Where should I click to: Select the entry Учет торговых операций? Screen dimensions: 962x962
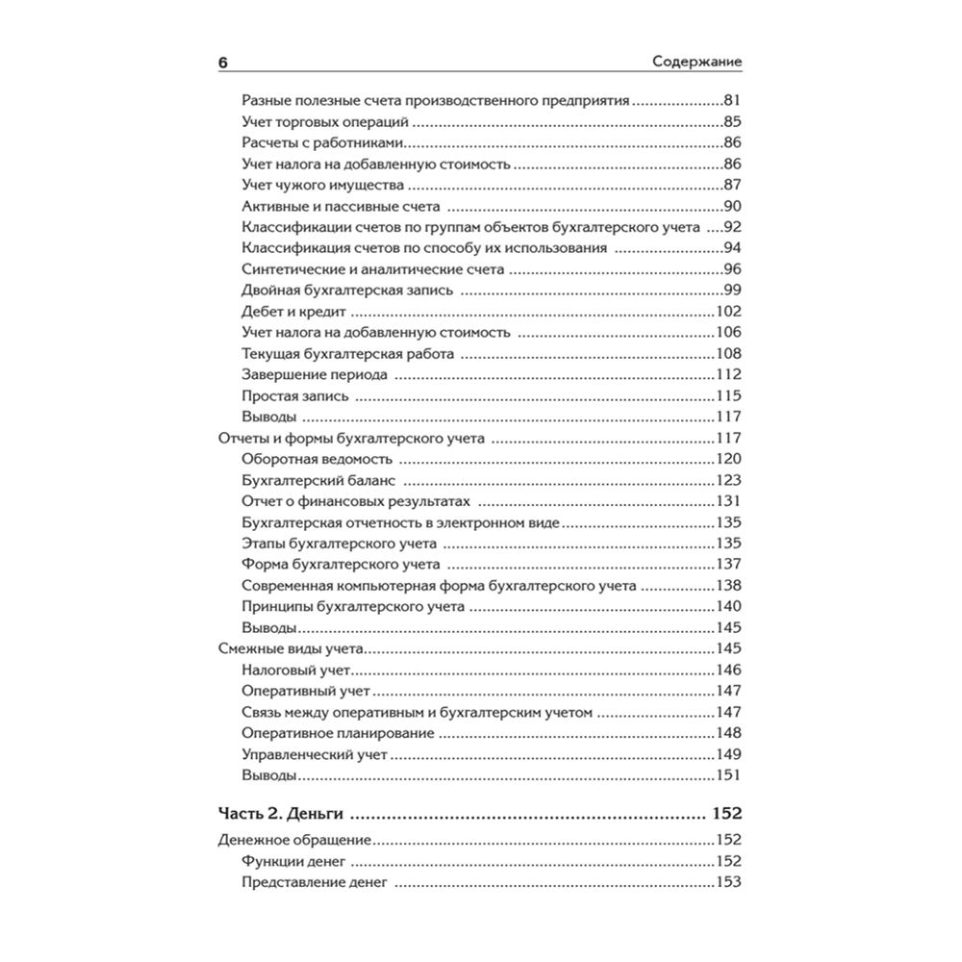pos(314,122)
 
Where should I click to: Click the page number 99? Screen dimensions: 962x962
pos(732,291)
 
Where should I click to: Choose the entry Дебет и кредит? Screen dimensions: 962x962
pos(294,312)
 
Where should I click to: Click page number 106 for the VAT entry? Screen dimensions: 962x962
pos(728,333)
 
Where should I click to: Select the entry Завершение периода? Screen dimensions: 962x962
pos(316,375)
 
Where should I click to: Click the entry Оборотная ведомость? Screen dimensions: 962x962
pos(317,459)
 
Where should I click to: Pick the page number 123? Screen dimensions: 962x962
pos(728,480)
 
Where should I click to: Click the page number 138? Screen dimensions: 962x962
pos(728,585)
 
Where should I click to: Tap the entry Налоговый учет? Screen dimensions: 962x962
pos(299,670)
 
